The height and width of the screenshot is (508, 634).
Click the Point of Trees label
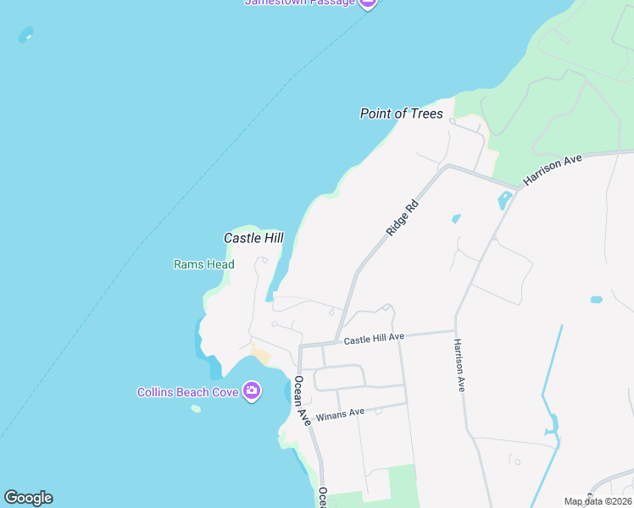(x=401, y=113)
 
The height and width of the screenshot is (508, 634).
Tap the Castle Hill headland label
(x=253, y=239)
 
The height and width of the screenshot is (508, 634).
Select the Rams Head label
(x=203, y=264)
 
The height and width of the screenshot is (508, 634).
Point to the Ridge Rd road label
(x=402, y=218)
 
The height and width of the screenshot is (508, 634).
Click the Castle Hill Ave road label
(x=374, y=339)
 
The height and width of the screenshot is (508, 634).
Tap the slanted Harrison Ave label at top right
(x=553, y=169)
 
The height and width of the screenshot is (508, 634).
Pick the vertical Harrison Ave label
(x=459, y=365)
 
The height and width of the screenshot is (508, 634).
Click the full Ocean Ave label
(x=302, y=401)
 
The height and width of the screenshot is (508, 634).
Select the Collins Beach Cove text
(x=187, y=392)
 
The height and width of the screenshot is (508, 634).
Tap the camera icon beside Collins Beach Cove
(x=251, y=391)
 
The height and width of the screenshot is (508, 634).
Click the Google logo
(x=28, y=498)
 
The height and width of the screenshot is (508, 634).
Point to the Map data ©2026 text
(x=598, y=501)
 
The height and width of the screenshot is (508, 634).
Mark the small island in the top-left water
(x=26, y=35)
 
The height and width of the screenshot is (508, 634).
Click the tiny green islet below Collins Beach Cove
(x=196, y=409)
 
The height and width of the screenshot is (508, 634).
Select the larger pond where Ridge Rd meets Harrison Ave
(x=504, y=202)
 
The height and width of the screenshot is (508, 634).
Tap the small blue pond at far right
(x=596, y=300)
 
